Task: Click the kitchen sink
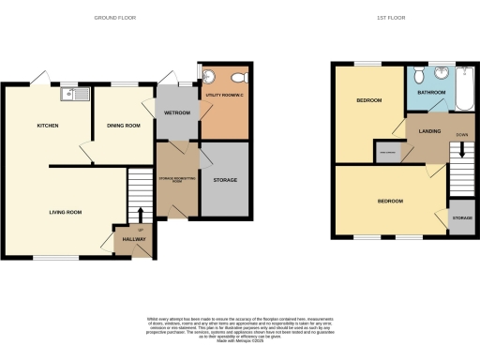[71, 93]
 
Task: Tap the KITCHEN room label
[49, 125]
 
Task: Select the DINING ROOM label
[123, 125]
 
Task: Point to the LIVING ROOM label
[66, 213]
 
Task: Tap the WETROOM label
[177, 112]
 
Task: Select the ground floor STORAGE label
[225, 180]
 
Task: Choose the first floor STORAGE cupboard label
[461, 217]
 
